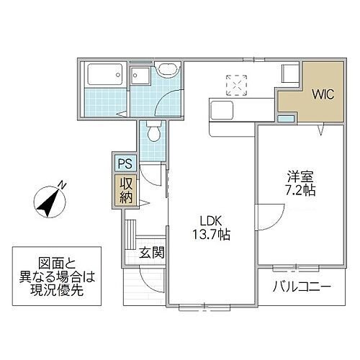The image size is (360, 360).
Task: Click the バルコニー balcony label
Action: coord(301,287)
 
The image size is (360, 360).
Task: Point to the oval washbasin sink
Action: coord(168,71)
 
